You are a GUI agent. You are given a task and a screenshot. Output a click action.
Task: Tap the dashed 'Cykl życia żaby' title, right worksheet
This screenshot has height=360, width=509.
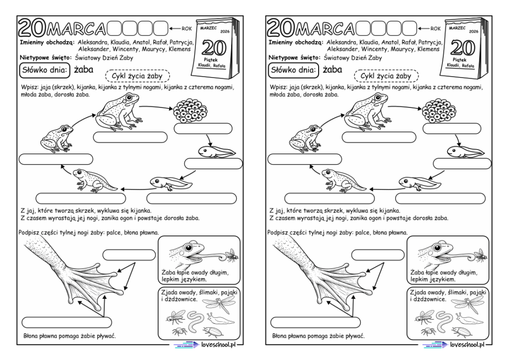pos(386,76)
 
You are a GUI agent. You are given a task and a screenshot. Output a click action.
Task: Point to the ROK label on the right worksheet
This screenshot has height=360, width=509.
pos(435,28)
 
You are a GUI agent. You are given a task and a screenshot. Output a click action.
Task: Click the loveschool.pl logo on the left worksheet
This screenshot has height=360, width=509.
pos(203,344)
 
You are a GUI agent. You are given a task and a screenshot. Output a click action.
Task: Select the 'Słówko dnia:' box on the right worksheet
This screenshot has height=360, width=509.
pos(292,71)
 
